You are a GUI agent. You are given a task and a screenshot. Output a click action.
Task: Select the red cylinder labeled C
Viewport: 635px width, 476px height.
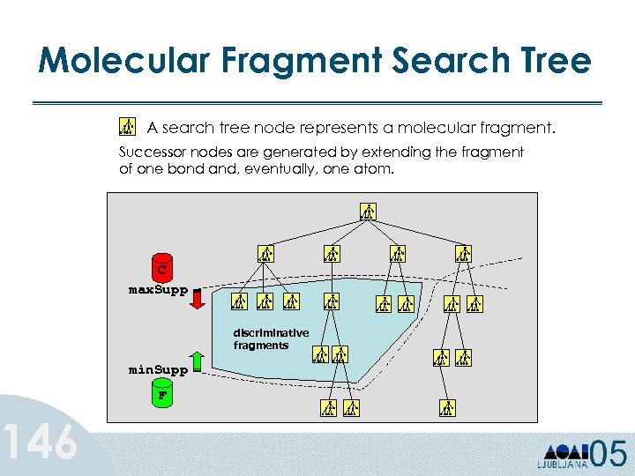pos(161,265)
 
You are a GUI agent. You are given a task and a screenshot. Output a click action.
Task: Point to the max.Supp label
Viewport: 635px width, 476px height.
pos(158,289)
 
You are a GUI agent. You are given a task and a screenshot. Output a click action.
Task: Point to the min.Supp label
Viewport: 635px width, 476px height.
pos(158,369)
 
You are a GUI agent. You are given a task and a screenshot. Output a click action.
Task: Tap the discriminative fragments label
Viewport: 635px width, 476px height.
pos(271,339)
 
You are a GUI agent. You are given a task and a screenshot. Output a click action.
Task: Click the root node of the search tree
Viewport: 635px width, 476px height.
pos(368,211)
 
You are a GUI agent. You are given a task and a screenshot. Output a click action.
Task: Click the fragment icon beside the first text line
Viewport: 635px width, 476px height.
pos(127,126)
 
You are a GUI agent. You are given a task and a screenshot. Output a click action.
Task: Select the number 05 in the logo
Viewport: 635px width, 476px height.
pos(609,454)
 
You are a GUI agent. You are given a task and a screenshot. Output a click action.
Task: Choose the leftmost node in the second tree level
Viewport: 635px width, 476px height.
pos(266,254)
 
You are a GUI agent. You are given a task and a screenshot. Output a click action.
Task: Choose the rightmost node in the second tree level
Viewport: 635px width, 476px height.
pos(464,254)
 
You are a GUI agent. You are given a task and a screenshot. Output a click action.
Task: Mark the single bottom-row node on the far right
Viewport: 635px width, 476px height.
pos(448,407)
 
